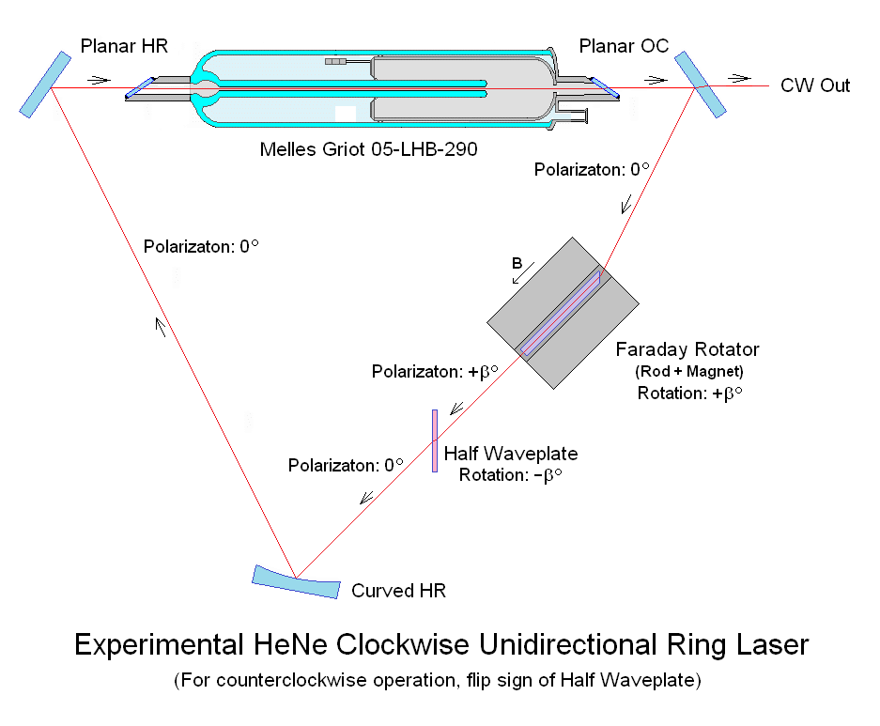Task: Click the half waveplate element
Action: pyautogui.click(x=435, y=440)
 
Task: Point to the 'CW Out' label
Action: pyautogui.click(x=815, y=85)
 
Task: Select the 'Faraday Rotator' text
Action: pyautogui.click(x=687, y=349)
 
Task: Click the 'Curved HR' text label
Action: pyautogui.click(x=398, y=591)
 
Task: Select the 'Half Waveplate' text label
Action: pyautogui.click(x=510, y=454)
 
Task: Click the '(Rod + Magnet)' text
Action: pyautogui.click(x=689, y=372)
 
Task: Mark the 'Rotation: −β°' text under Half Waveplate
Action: pyautogui.click(x=510, y=475)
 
